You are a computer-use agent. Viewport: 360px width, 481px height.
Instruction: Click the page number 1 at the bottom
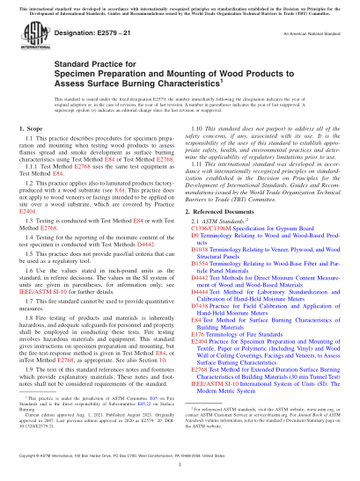(x=180, y=472)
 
